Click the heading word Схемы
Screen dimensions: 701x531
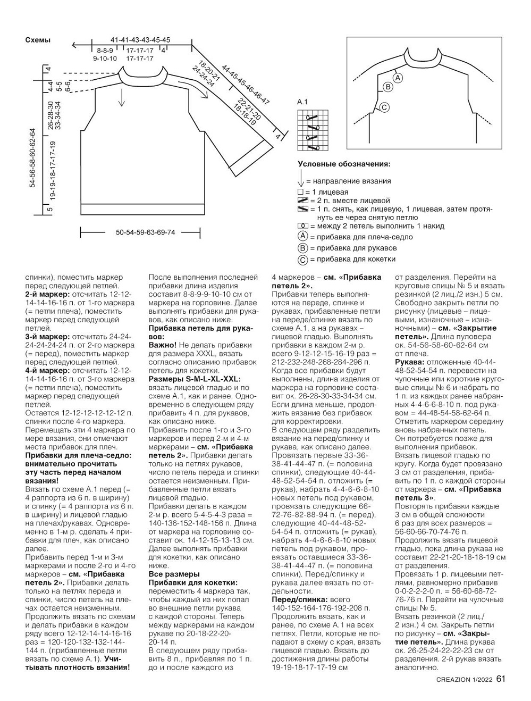pos(38,40)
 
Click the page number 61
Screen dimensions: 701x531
pos(501,679)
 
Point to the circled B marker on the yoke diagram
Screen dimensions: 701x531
pos(387,87)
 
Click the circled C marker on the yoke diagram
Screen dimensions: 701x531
pos(384,107)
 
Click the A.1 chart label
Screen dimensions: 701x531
pos(302,102)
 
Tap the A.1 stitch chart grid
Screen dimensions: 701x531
pos(314,130)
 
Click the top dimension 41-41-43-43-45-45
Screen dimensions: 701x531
pos(140,40)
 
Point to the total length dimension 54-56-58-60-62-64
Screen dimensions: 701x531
pos(33,157)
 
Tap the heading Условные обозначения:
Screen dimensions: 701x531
pos(344,164)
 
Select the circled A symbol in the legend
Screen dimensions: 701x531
pos(302,236)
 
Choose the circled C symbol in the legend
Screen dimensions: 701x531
pos(302,260)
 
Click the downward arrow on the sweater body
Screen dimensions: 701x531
pos(121,97)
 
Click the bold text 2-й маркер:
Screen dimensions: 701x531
pos(47,294)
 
